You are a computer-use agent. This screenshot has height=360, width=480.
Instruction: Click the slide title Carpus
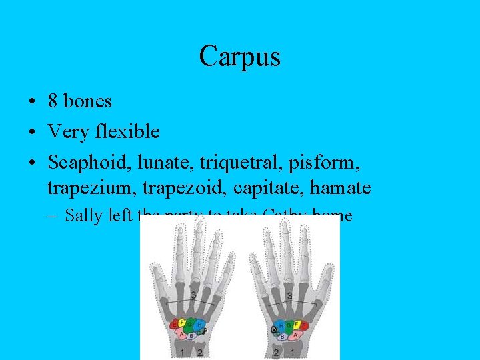pyautogui.click(x=239, y=56)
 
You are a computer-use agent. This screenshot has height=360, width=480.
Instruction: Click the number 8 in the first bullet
pyautogui.click(x=53, y=101)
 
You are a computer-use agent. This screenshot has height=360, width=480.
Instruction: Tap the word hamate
pyautogui.click(x=340, y=188)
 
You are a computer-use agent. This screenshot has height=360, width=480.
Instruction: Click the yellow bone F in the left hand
pyautogui.click(x=181, y=323)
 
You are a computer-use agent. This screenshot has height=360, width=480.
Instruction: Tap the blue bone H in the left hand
pyautogui.click(x=199, y=324)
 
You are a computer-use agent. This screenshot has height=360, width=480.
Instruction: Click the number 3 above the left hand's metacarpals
pyautogui.click(x=193, y=295)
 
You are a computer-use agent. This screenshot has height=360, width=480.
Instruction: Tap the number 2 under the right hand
pyautogui.click(x=276, y=352)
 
